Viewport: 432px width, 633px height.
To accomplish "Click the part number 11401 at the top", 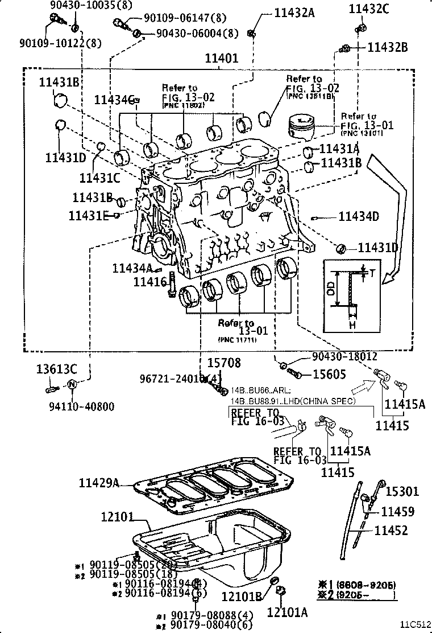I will pyautogui.click(x=222, y=59).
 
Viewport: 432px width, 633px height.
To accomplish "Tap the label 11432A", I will pyautogui.click(x=294, y=13).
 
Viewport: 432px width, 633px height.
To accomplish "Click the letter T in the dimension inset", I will pyautogui.click(x=372, y=273).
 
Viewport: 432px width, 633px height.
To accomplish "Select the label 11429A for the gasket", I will pyautogui.click(x=99, y=483).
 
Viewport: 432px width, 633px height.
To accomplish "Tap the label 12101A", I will pyautogui.click(x=288, y=612).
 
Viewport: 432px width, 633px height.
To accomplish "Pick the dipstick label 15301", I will pyautogui.click(x=402, y=492).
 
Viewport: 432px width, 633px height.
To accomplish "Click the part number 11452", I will pyautogui.click(x=391, y=531).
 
